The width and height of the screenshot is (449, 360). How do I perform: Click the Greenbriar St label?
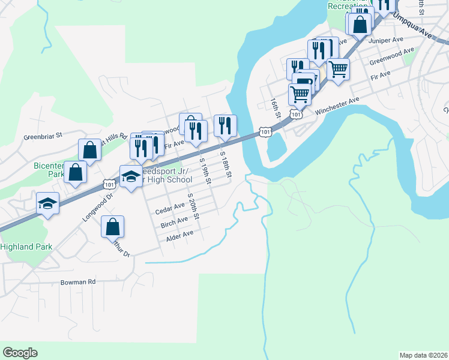pyautogui.click(x=43, y=136)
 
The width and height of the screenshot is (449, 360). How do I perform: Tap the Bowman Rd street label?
pyautogui.click(x=77, y=281)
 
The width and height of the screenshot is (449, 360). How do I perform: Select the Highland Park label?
pyautogui.click(x=26, y=247)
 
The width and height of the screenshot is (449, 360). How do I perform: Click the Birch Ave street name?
pyautogui.click(x=174, y=223)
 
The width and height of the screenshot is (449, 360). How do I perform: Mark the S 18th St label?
pyautogui.click(x=226, y=163)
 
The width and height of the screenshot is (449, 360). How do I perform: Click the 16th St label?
pyautogui.click(x=275, y=108)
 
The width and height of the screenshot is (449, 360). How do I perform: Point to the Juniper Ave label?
pyautogui.click(x=387, y=40)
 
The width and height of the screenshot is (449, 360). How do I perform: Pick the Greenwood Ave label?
pyautogui.click(x=391, y=56)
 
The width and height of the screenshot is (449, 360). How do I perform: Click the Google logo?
pyautogui.click(x=20, y=353)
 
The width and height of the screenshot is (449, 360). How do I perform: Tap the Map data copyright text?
pyautogui.click(x=423, y=355)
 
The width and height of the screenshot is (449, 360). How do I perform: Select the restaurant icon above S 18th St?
pyautogui.click(x=225, y=125)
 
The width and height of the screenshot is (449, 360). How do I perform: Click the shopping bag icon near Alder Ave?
pyautogui.click(x=112, y=227)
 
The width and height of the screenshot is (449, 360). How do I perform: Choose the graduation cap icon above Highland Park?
pyautogui.click(x=47, y=203)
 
